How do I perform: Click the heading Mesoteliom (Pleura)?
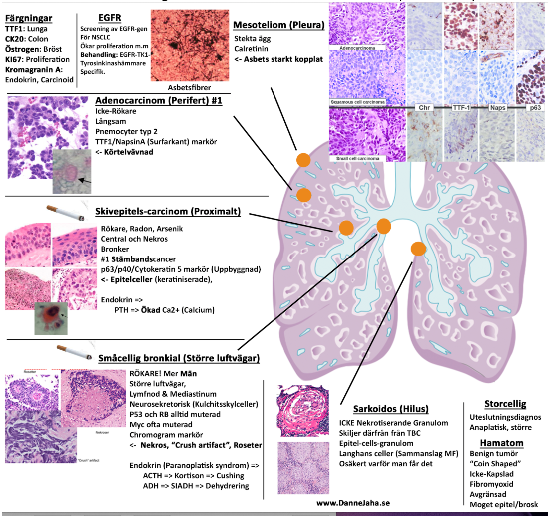(278, 25)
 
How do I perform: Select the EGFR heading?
(110, 18)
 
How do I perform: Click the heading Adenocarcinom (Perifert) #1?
(158, 100)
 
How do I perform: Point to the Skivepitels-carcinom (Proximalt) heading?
(168, 212)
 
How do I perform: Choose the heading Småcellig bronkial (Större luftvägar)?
(179, 358)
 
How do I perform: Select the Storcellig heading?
(505, 404)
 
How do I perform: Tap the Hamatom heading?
(501, 442)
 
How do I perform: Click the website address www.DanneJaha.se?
(352, 503)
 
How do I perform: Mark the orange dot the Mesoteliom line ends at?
(303, 160)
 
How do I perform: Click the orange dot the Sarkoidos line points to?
(418, 248)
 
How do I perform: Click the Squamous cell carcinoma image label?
(358, 102)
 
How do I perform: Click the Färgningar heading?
(28, 19)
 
